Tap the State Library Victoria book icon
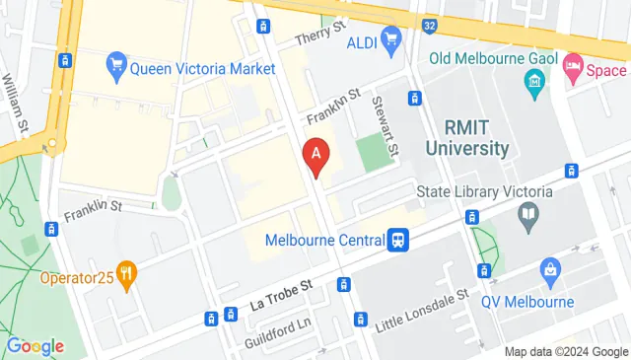[x=529, y=213]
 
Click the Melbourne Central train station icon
[x=399, y=240]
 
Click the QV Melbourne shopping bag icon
[x=550, y=269]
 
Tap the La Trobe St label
[x=281, y=287]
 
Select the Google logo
[x=35, y=346]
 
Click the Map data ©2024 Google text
[x=565, y=352]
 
